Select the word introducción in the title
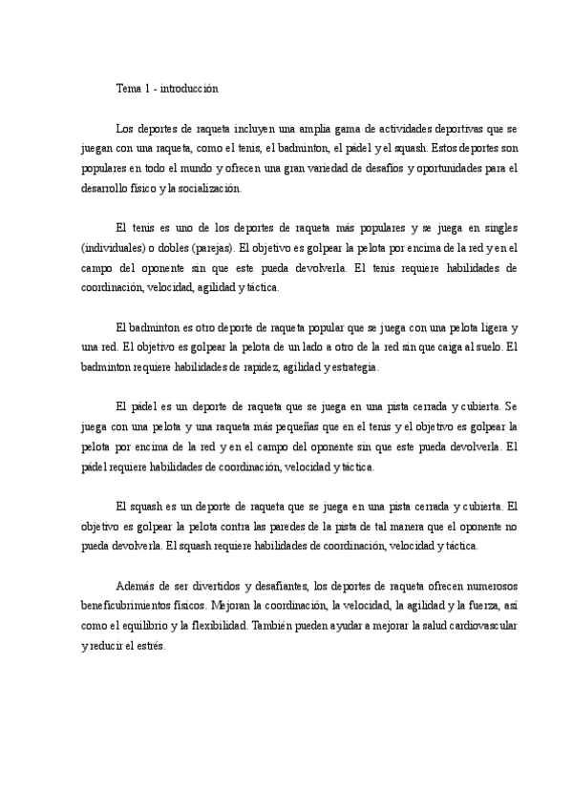click(189, 89)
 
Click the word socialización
click(208, 188)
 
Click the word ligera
click(493, 326)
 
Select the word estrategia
click(355, 366)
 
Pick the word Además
click(135, 585)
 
